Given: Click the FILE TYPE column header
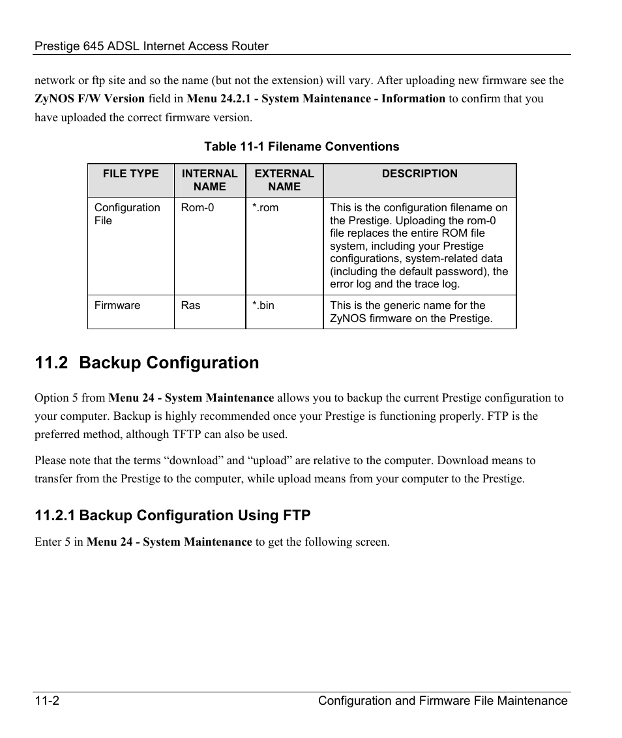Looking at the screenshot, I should pos(130,173).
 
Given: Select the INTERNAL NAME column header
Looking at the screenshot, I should pos(209,180).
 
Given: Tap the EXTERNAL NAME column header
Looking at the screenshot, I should pos(284,180).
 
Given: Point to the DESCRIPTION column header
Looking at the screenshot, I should pos(419,173).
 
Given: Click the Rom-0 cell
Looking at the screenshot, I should pos(197,208).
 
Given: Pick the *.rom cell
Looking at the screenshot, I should pos(265,208).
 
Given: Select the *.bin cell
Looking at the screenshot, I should pos(263,305).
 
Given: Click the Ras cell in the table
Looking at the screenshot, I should pos(190,305).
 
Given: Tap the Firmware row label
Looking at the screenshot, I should pos(117,305).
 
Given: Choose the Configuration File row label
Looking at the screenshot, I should pos(126,214).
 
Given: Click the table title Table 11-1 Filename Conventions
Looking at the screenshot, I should pos(301,147).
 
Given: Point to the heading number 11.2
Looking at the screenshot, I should pos(52,363).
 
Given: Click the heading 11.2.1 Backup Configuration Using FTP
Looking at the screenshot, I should pos(172,516).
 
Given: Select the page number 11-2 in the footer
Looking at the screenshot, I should pos(48,701).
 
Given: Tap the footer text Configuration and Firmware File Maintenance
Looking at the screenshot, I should pos(443,701).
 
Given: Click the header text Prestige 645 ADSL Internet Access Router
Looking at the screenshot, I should pos(151,46).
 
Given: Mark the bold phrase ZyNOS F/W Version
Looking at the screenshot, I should pos(89,99).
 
